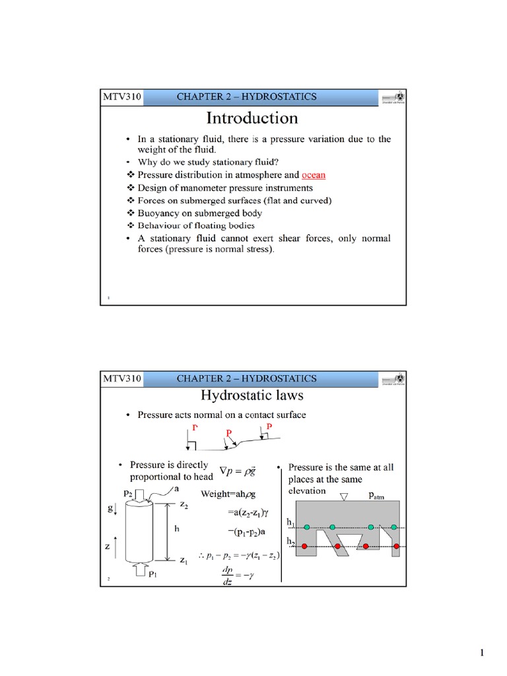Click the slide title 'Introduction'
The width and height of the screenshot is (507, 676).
(252, 118)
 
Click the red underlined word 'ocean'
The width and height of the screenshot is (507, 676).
(313, 175)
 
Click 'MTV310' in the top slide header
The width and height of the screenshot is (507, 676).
(121, 97)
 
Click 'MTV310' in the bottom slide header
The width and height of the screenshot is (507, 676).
(121, 378)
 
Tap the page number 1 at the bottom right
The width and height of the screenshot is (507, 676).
(482, 654)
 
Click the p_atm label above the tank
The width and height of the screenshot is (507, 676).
(374, 496)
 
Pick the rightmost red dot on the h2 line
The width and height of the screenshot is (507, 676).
(394, 547)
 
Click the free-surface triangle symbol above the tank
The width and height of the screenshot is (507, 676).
(343, 496)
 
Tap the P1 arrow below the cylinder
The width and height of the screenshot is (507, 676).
(143, 568)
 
